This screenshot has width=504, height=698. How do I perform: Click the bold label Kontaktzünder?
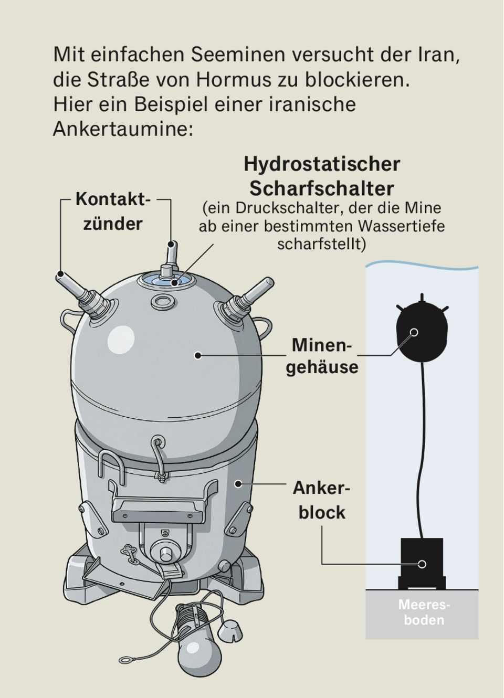pyautogui.click(x=113, y=211)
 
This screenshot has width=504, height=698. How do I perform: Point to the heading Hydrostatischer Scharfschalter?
pyautogui.click(x=322, y=176)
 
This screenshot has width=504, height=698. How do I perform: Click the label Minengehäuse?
pyautogui.click(x=322, y=356)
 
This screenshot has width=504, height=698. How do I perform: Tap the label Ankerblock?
pyautogui.click(x=321, y=500)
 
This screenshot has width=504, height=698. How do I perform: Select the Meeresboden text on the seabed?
pyautogui.click(x=424, y=612)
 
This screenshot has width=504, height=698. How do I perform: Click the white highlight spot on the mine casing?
pyautogui.click(x=122, y=341)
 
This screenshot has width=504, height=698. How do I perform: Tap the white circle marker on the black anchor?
pyautogui.click(x=422, y=565)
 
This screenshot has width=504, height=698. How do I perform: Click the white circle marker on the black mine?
pyautogui.click(x=414, y=332)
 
